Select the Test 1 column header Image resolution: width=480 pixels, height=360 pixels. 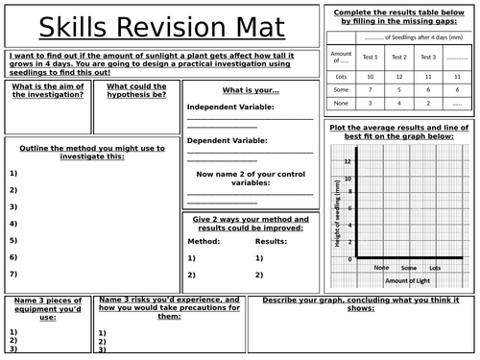(371, 58)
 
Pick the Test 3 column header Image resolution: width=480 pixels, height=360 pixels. (428, 58)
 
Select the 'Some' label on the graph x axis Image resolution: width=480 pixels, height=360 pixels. (408, 267)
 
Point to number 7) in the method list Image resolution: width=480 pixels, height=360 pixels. (13, 275)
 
